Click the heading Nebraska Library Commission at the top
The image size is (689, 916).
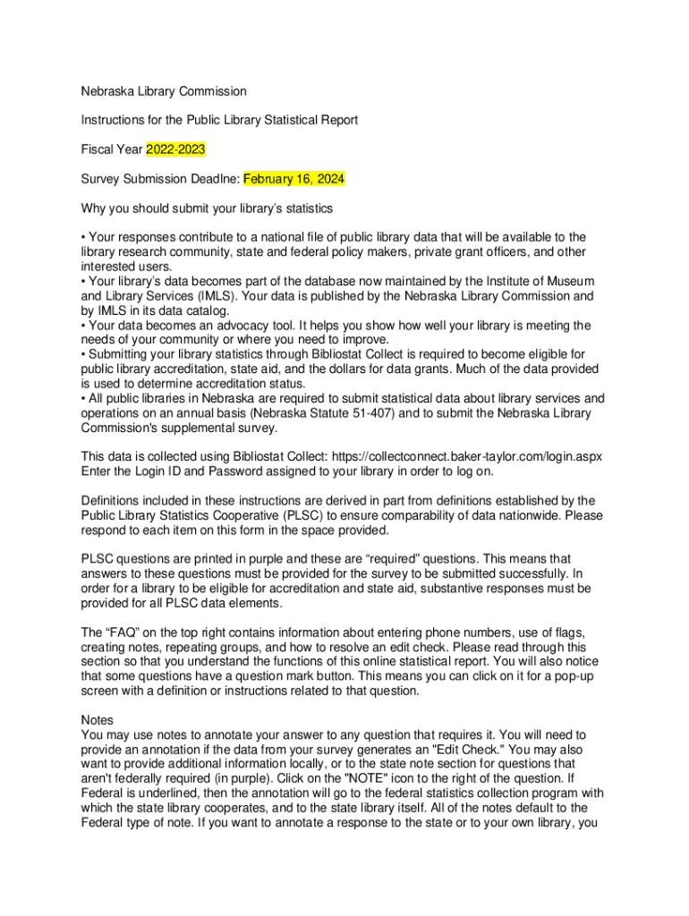(164, 91)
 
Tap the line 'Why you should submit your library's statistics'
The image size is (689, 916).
(207, 208)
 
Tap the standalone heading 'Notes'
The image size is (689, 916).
(98, 719)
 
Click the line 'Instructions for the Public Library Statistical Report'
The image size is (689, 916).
(219, 120)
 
